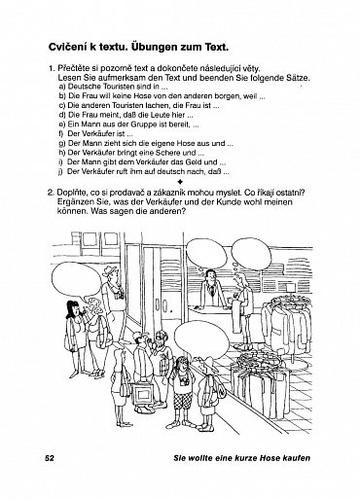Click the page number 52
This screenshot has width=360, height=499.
[x=50, y=458]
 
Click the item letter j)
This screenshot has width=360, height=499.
[x=60, y=172]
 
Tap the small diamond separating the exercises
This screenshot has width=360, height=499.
[x=180, y=182]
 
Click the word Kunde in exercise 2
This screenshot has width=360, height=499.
[x=255, y=202]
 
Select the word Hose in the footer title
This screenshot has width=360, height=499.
[x=268, y=458]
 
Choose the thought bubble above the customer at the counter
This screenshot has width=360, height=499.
[x=251, y=255]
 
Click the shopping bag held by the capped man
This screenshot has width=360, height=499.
[x=141, y=393]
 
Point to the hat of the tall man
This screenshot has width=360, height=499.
[x=111, y=270]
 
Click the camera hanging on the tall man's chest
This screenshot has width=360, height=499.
[x=119, y=294]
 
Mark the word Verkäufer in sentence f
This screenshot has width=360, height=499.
[x=98, y=134]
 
